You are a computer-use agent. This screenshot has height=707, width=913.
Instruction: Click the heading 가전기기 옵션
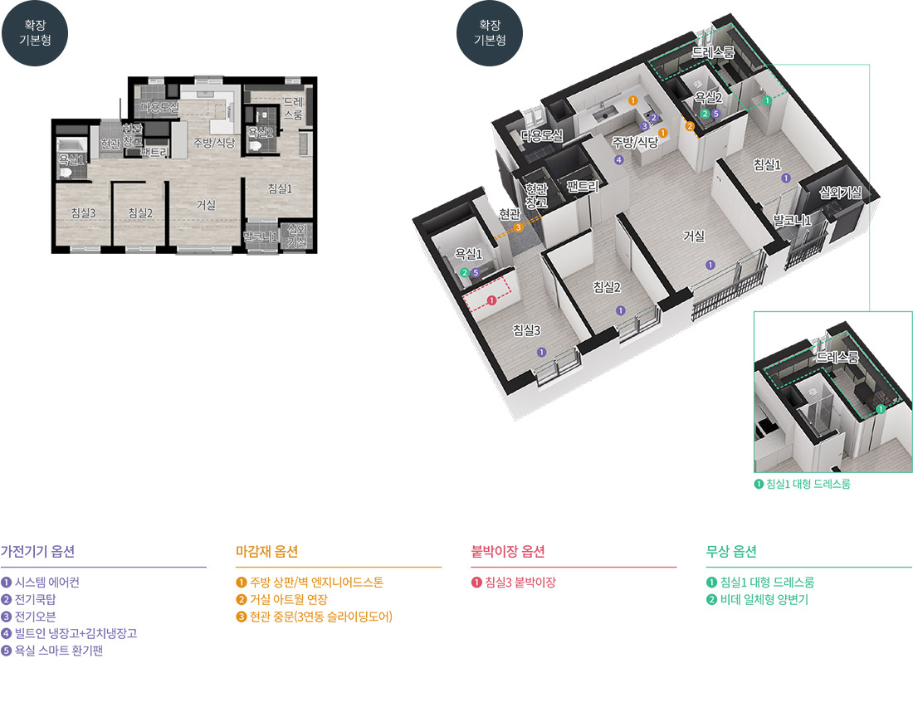click(38, 551)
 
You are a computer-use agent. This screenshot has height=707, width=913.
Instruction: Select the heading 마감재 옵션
click(266, 551)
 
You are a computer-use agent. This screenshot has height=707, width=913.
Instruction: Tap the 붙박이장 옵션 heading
click(508, 551)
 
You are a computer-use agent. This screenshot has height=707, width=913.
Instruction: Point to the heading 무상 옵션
click(730, 551)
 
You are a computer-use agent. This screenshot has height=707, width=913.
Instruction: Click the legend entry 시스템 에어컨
click(40, 583)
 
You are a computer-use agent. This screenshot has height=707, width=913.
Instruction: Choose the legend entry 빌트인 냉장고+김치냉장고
click(69, 634)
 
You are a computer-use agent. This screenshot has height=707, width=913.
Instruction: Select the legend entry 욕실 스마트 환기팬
click(51, 651)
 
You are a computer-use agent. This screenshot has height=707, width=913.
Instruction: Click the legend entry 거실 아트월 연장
click(282, 599)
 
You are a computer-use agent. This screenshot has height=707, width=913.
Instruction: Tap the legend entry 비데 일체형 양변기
click(757, 599)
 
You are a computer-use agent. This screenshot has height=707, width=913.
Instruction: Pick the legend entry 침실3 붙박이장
click(513, 583)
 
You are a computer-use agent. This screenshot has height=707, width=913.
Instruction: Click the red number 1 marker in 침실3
click(491, 300)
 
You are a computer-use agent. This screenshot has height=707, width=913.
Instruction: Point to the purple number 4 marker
click(618, 160)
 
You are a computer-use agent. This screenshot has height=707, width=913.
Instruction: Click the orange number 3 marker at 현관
click(518, 227)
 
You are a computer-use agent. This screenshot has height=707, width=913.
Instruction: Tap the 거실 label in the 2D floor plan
click(206, 205)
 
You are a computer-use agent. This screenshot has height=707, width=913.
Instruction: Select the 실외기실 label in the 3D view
click(840, 193)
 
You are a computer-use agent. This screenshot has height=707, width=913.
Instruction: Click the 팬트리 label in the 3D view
click(583, 186)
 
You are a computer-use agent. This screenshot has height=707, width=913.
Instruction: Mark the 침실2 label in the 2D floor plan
click(140, 213)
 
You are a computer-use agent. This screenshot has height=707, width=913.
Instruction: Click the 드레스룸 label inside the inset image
click(837, 357)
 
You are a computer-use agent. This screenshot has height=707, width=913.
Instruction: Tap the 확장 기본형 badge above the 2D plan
click(35, 33)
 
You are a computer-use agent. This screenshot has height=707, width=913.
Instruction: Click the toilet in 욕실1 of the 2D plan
click(66, 171)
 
